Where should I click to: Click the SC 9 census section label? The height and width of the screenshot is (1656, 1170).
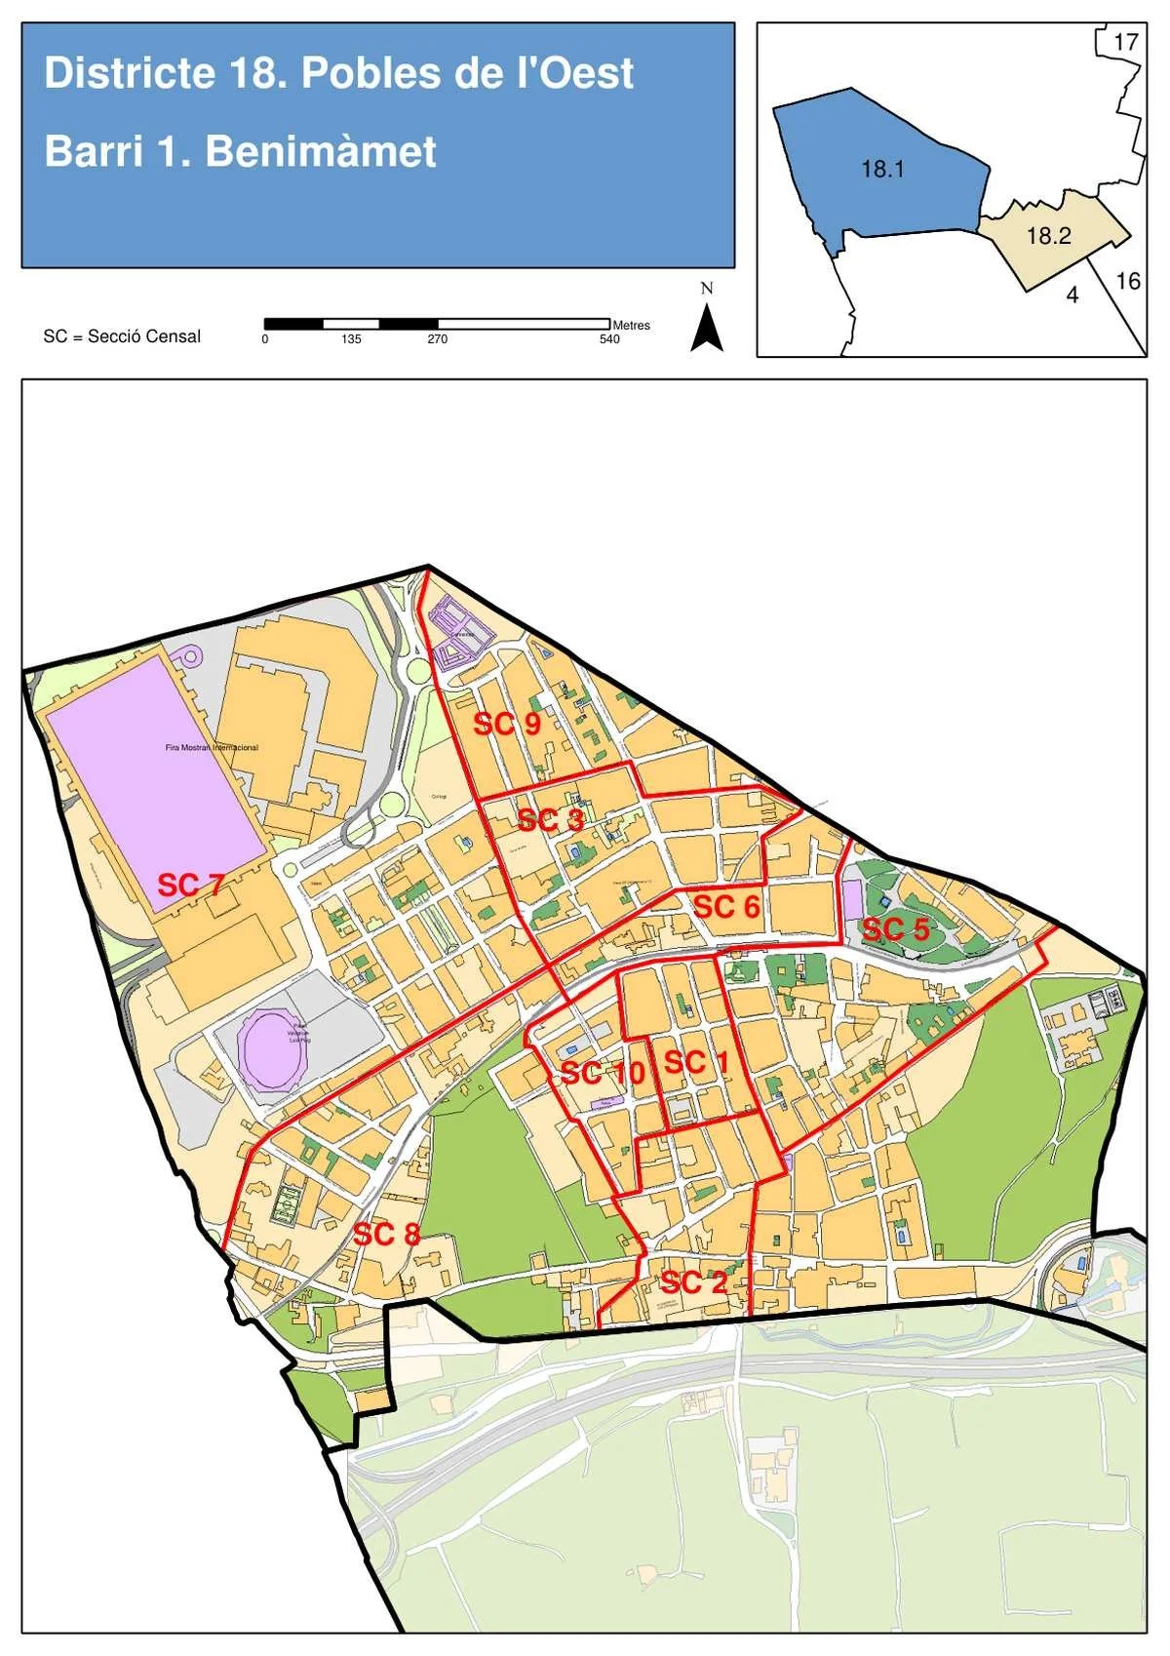(x=506, y=724)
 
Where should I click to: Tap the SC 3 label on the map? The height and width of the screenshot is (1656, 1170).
(x=550, y=820)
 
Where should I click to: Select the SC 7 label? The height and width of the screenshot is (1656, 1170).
(x=191, y=885)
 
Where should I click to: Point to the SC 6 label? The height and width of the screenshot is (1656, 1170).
(x=725, y=907)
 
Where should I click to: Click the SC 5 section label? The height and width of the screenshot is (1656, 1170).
(x=895, y=928)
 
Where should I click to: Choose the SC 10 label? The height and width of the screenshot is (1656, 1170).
(x=603, y=1073)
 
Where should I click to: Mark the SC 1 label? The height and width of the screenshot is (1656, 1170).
(x=696, y=1062)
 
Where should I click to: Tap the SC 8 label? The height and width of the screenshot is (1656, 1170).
(x=386, y=1234)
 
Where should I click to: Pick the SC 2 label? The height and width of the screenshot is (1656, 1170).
(x=692, y=1282)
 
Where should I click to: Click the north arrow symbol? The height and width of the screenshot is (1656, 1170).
(x=707, y=327)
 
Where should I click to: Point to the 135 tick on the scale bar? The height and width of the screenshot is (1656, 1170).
(x=351, y=339)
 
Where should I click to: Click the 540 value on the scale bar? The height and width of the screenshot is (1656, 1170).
(x=609, y=339)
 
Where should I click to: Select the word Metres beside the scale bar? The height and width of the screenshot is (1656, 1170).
(x=631, y=325)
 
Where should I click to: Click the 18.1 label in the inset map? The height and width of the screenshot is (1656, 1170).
(x=882, y=169)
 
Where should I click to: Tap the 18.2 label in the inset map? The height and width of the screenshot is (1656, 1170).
(x=1048, y=235)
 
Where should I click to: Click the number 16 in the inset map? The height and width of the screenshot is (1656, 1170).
(x=1127, y=281)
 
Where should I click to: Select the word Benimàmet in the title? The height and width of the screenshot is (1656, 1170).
(x=321, y=151)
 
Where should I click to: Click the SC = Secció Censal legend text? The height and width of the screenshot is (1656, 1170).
(x=122, y=336)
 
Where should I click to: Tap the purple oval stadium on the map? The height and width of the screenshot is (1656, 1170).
(x=272, y=1048)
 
